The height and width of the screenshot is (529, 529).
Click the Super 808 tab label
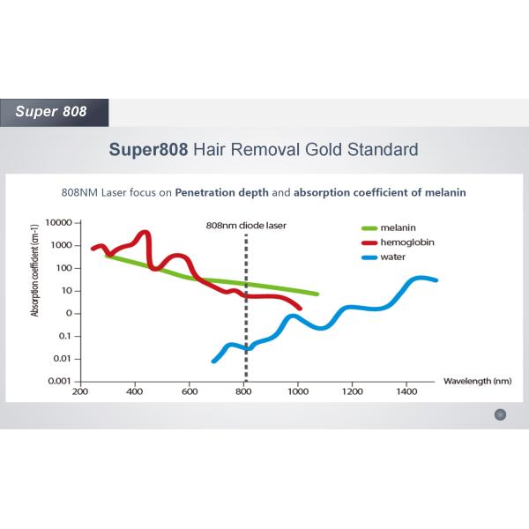(x=51, y=112)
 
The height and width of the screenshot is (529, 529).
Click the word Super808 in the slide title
(x=148, y=149)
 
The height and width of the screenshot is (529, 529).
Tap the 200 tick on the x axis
(x=80, y=393)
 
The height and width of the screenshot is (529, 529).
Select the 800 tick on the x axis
(x=244, y=393)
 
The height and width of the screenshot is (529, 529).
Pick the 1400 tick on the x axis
(x=406, y=393)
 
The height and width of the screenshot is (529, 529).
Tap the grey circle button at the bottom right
(x=500, y=414)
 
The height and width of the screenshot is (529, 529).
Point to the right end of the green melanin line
(x=317, y=294)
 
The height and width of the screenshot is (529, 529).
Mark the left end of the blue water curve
(x=214, y=360)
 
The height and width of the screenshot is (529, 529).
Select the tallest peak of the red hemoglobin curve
(x=145, y=234)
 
